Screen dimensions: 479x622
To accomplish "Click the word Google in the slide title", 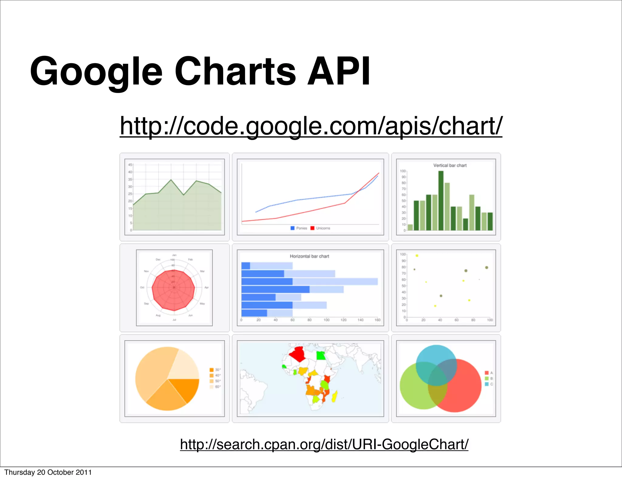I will coord(96,71).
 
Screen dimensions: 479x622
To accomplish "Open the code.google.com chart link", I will coord(311,126).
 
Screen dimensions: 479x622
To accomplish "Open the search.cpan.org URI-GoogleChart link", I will coord(324,444).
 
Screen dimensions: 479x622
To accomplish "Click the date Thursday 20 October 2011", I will coord(48,472).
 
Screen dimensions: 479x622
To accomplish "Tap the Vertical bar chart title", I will coord(450,165).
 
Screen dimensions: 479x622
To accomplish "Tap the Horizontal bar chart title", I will coord(309,256).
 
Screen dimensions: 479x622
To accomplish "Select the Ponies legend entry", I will coord(299,228).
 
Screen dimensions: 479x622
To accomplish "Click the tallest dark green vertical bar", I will coord(441,201).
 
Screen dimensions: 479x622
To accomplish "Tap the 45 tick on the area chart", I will coord(130,165).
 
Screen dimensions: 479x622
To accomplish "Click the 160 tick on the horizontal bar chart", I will coord(378,320).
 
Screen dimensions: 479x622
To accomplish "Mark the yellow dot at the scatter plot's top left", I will coord(417,256).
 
